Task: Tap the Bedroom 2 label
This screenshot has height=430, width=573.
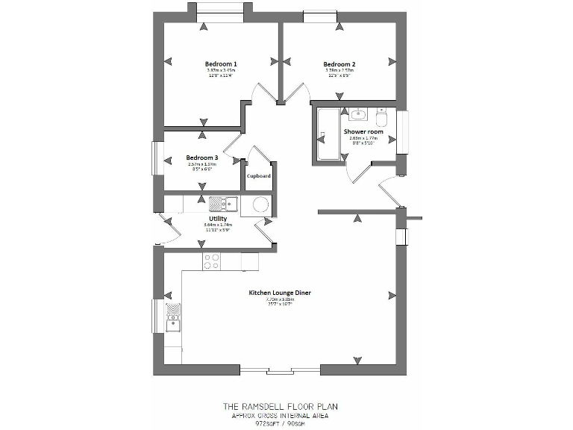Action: pos(339,64)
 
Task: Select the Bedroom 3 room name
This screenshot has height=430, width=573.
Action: pos(201,158)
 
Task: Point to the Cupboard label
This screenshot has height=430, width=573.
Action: pos(259,176)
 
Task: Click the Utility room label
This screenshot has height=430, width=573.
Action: pos(218,218)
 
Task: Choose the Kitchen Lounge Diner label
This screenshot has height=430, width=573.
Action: pos(280,293)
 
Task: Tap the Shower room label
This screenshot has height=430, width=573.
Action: pos(363,131)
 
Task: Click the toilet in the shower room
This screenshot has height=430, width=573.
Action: pos(382,117)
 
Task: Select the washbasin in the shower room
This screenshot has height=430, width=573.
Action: pos(357,114)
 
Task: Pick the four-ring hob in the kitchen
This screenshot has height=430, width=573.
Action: pos(211,261)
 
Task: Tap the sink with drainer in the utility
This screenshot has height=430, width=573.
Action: pos(222,203)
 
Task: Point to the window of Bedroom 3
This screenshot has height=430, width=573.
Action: pos(157,158)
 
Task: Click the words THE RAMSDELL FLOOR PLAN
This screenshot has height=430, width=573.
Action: pos(280,407)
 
